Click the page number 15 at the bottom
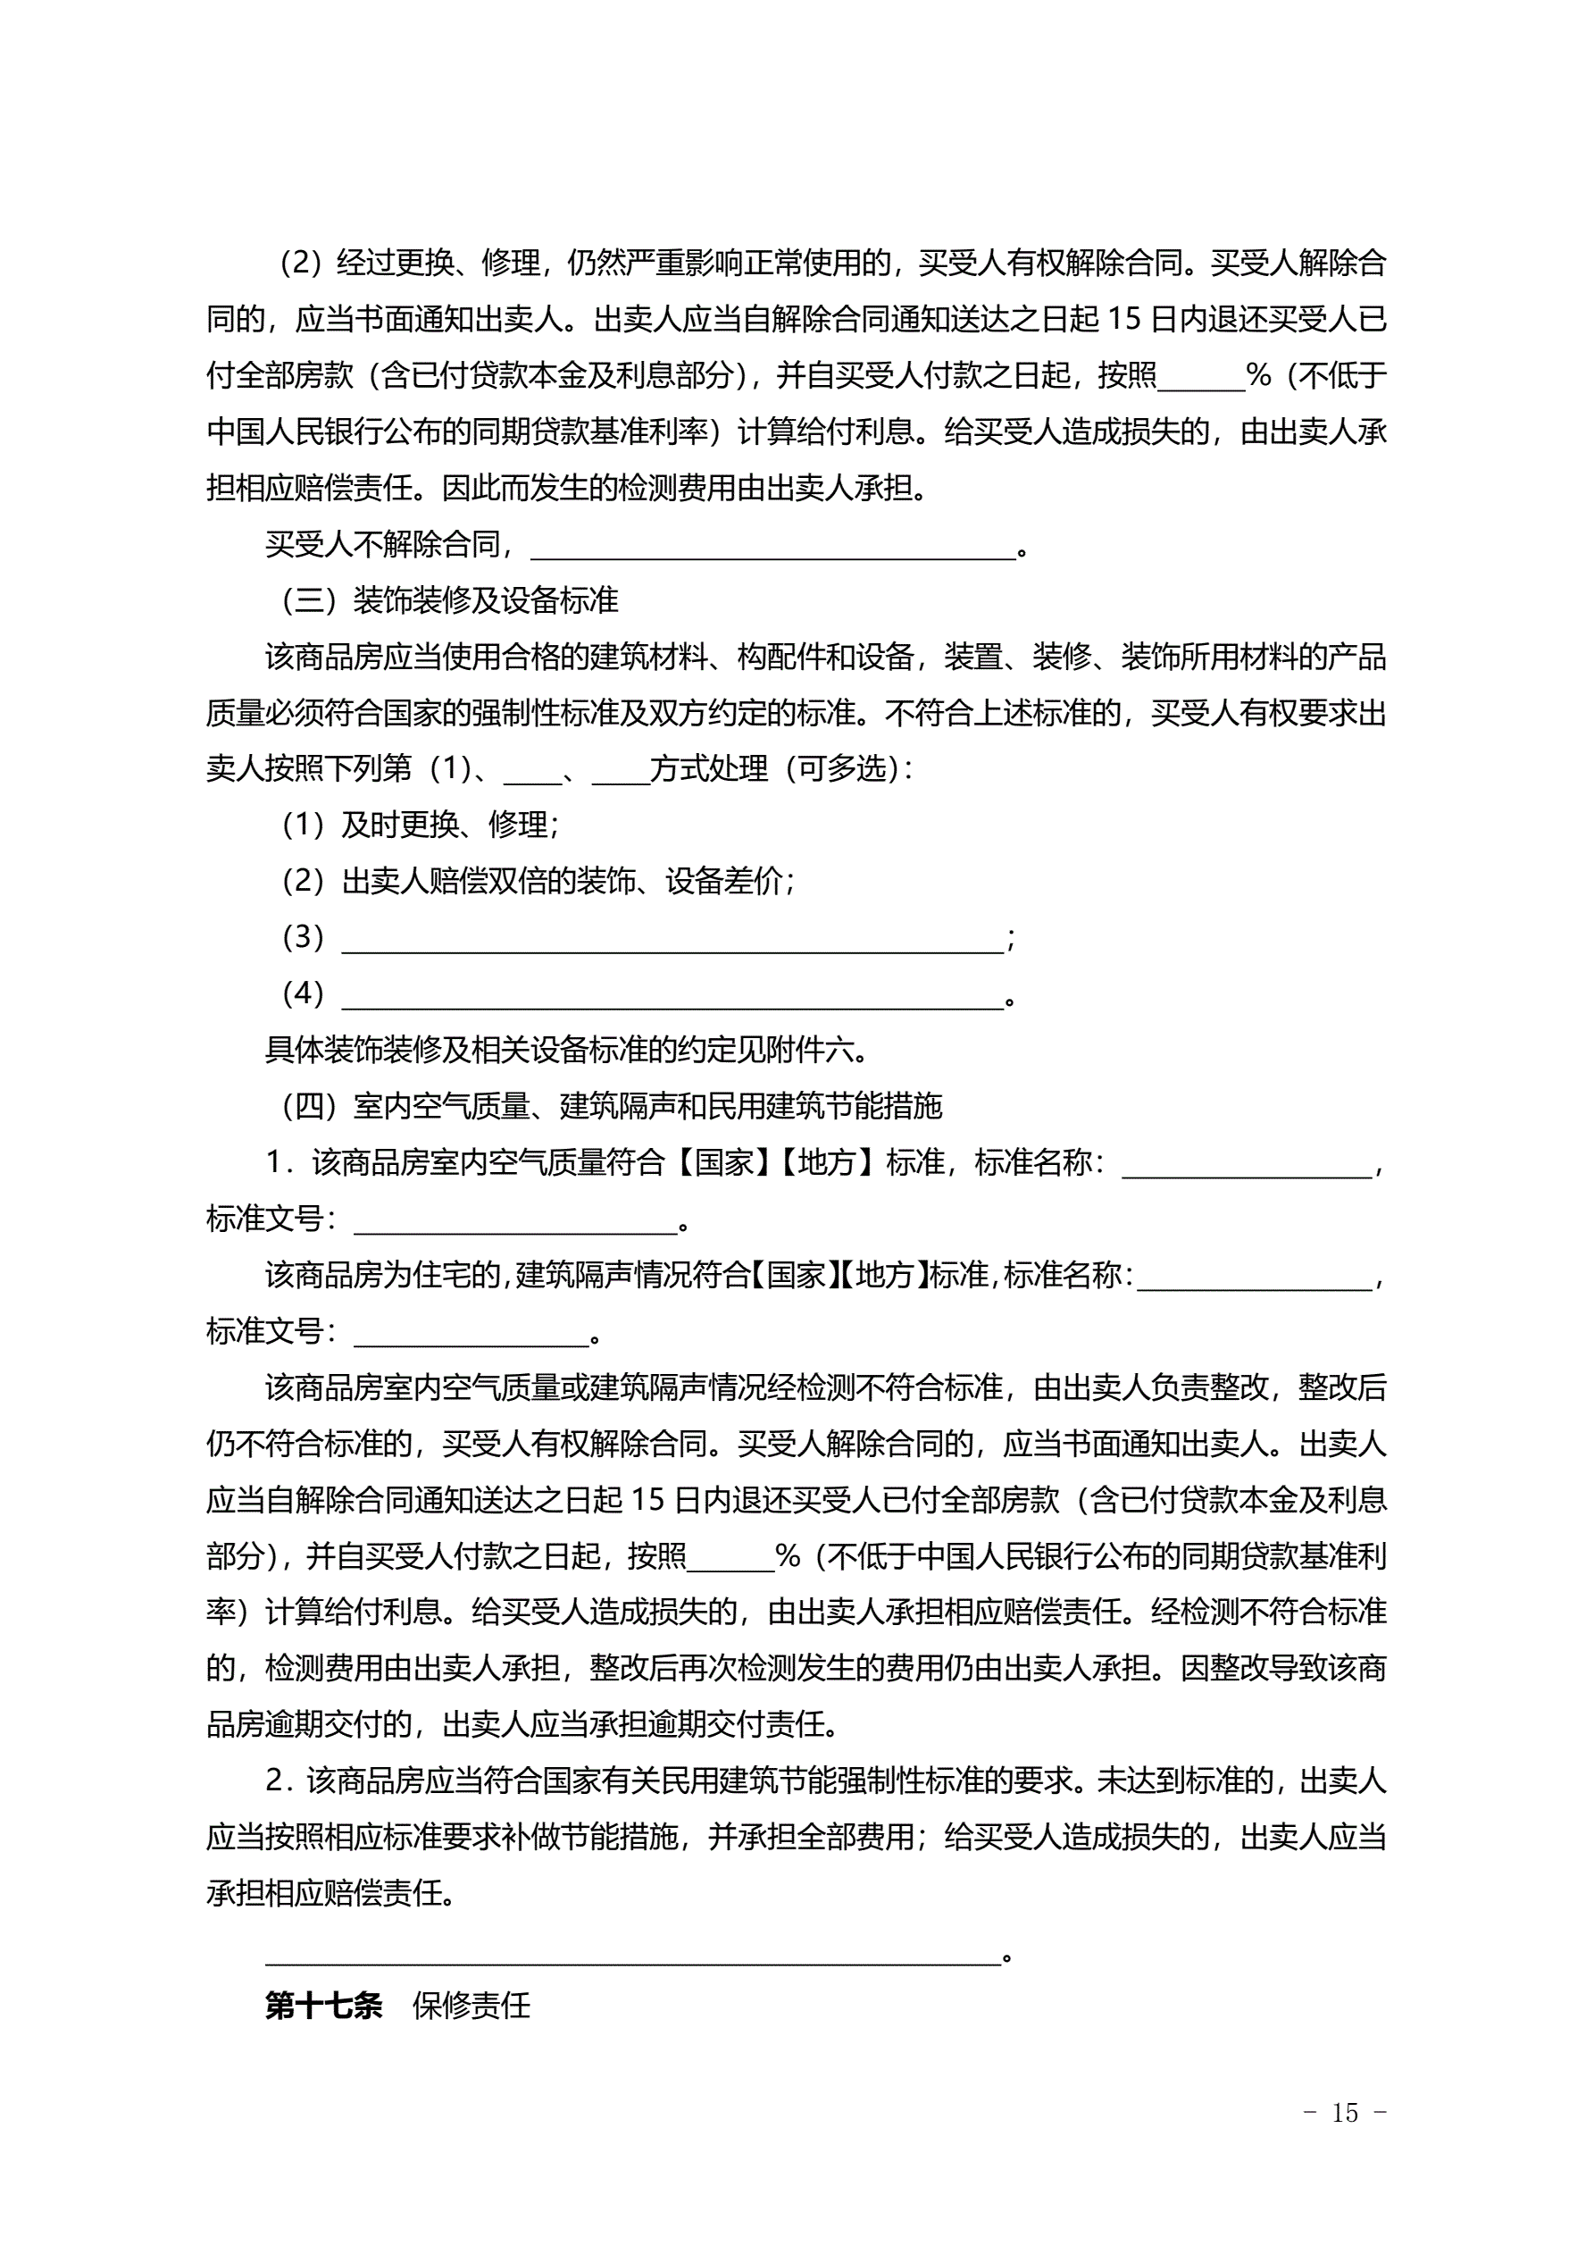tap(1345, 2113)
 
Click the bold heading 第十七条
tap(323, 2005)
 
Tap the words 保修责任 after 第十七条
tap(472, 2005)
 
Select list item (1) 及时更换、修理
tap(420, 825)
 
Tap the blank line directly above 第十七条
tap(633, 1954)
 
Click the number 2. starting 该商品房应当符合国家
tap(280, 1781)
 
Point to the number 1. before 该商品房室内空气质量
tap(280, 1163)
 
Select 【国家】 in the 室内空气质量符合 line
tap(724, 1163)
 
